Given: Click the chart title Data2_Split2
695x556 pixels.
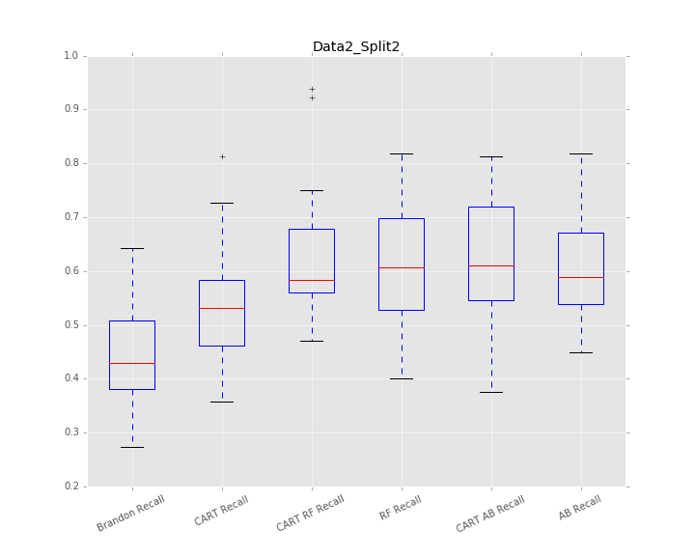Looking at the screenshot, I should (x=356, y=46).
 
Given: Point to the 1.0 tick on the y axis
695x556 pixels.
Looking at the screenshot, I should (x=70, y=56).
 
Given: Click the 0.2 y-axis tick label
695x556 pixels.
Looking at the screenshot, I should (x=70, y=486).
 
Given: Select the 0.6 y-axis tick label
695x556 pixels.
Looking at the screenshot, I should (x=70, y=271).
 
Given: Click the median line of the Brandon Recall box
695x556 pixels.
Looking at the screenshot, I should (x=132, y=363).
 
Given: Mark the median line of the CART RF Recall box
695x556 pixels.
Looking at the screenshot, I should (x=312, y=280).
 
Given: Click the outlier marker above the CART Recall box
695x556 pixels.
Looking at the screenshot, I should (x=222, y=156).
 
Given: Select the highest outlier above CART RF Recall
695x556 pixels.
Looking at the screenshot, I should (x=312, y=89).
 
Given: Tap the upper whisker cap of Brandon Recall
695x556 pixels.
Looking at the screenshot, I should (x=132, y=248).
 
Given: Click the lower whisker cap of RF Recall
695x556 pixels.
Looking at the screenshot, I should (x=402, y=378).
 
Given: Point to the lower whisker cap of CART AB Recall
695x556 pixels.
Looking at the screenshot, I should (x=491, y=392).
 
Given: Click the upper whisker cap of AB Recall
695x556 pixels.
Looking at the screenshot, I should (x=581, y=153).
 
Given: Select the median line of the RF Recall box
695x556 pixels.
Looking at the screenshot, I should (x=402, y=267).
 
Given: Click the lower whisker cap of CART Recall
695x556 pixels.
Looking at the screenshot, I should (x=222, y=402).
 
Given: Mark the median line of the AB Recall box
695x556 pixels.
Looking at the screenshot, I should (x=581, y=277).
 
